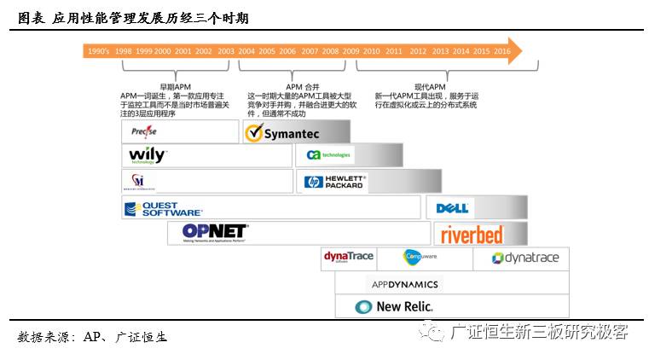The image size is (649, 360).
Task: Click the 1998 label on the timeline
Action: pos(124,51)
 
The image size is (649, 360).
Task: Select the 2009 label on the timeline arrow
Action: pos(351,51)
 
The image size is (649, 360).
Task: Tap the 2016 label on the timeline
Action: pos(502,51)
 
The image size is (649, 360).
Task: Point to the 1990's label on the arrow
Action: pos(98,51)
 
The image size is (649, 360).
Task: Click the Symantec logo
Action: pos(282,133)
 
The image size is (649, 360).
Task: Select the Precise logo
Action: pos(144,132)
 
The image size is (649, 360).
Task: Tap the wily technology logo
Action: pos(147,156)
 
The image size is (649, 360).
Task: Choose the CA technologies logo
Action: pos(329,155)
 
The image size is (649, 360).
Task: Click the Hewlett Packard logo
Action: pos(335,182)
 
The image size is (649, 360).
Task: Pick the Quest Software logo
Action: pos(163,208)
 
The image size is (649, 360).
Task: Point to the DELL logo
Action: pos(453,208)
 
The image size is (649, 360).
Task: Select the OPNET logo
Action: pos(215,232)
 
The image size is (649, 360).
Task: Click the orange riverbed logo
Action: pos(472,235)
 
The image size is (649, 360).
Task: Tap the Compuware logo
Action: pos(419,257)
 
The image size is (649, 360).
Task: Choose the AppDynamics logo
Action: pos(405,284)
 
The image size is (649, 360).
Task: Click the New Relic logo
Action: pos(394,307)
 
